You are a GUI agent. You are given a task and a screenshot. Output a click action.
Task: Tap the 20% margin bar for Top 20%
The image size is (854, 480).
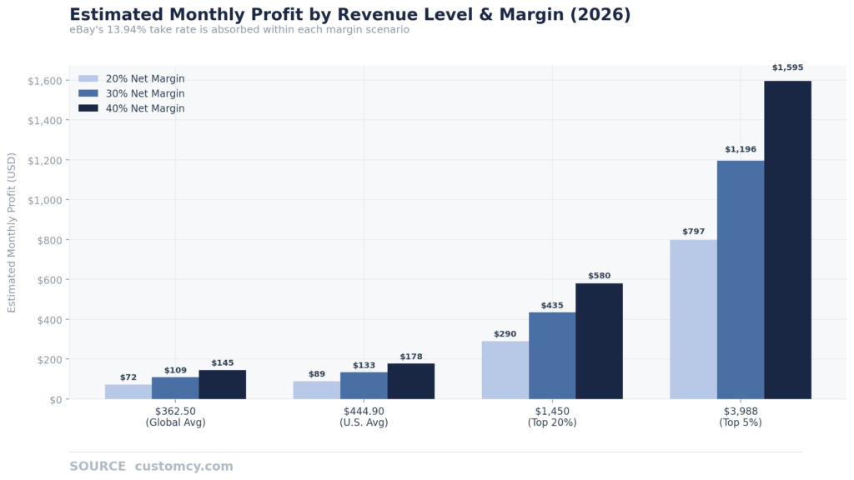[505, 370]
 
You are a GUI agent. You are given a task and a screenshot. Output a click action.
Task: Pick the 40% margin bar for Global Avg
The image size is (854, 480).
[222, 385]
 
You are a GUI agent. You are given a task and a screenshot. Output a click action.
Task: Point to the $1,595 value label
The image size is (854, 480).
[787, 68]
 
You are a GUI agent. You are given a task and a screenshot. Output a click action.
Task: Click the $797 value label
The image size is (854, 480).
[693, 232]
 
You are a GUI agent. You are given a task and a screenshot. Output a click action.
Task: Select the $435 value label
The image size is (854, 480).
[552, 306]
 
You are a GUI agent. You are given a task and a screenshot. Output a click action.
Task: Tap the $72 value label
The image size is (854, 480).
[128, 377]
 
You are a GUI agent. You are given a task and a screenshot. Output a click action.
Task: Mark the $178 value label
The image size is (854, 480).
[411, 357]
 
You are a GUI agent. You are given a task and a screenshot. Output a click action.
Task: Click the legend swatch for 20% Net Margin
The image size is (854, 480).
[88, 79]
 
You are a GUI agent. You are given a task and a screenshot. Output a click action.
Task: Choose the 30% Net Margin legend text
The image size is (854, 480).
[145, 94]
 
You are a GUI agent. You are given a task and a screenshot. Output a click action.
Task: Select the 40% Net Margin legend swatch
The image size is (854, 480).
[88, 108]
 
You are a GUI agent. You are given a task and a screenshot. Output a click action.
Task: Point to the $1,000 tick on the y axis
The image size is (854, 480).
[45, 200]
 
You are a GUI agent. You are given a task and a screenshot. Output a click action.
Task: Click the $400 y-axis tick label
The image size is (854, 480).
[49, 320]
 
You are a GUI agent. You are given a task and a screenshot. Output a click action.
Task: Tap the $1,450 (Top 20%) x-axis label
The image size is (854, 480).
[551, 417]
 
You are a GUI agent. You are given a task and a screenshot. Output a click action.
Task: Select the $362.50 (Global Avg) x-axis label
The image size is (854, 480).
[175, 417]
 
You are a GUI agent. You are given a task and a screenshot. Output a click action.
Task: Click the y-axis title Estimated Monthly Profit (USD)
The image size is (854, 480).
[12, 232]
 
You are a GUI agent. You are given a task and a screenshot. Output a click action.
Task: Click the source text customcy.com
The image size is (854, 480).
[183, 467]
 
